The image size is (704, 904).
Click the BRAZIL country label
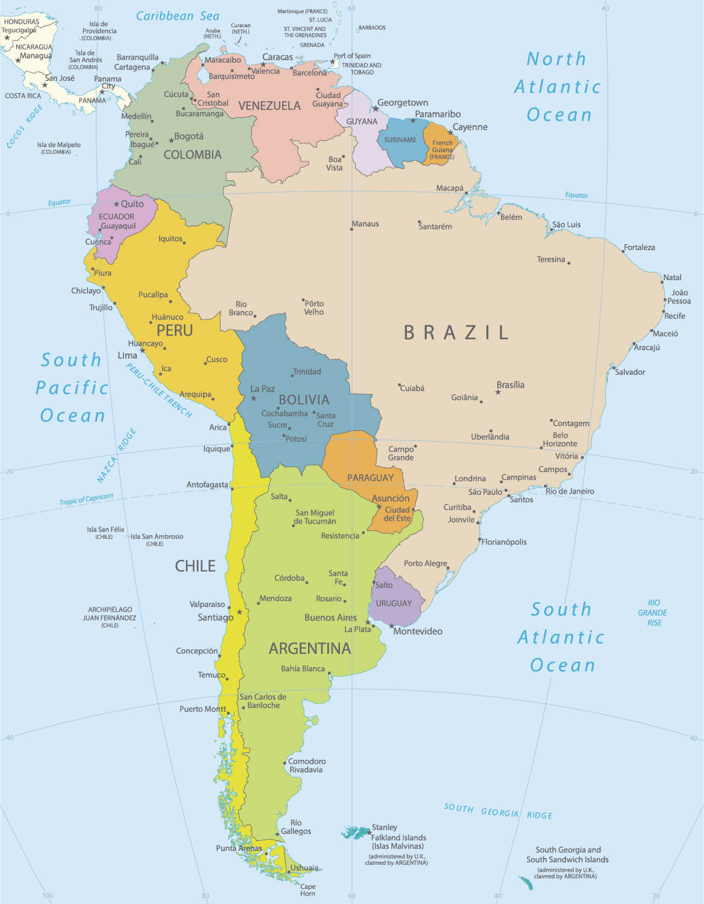pyautogui.click(x=456, y=332)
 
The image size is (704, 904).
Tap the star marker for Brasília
pyautogui.click(x=498, y=392)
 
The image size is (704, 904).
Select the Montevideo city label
pyautogui.click(x=418, y=631)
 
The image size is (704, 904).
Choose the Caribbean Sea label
pyautogui.click(x=178, y=16)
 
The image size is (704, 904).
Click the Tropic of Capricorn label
pyautogui.click(x=86, y=499)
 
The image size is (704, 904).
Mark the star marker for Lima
pyautogui.click(x=143, y=350)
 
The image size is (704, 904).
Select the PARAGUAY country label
pyautogui.click(x=370, y=478)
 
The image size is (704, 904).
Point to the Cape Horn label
pyautogui.click(x=307, y=890)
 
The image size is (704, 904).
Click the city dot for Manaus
pyautogui.click(x=352, y=229)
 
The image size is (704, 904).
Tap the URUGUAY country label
pyautogui.click(x=394, y=603)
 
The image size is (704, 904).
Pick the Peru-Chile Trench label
pyautogui.click(x=159, y=390)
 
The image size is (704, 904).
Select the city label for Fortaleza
pyautogui.click(x=639, y=247)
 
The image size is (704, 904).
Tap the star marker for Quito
pyautogui.click(x=117, y=204)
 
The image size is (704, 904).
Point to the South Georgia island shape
pyautogui.click(x=526, y=883)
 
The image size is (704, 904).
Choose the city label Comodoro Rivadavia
pyautogui.click(x=306, y=765)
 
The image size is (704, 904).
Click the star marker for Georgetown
pyautogui.click(x=376, y=108)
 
